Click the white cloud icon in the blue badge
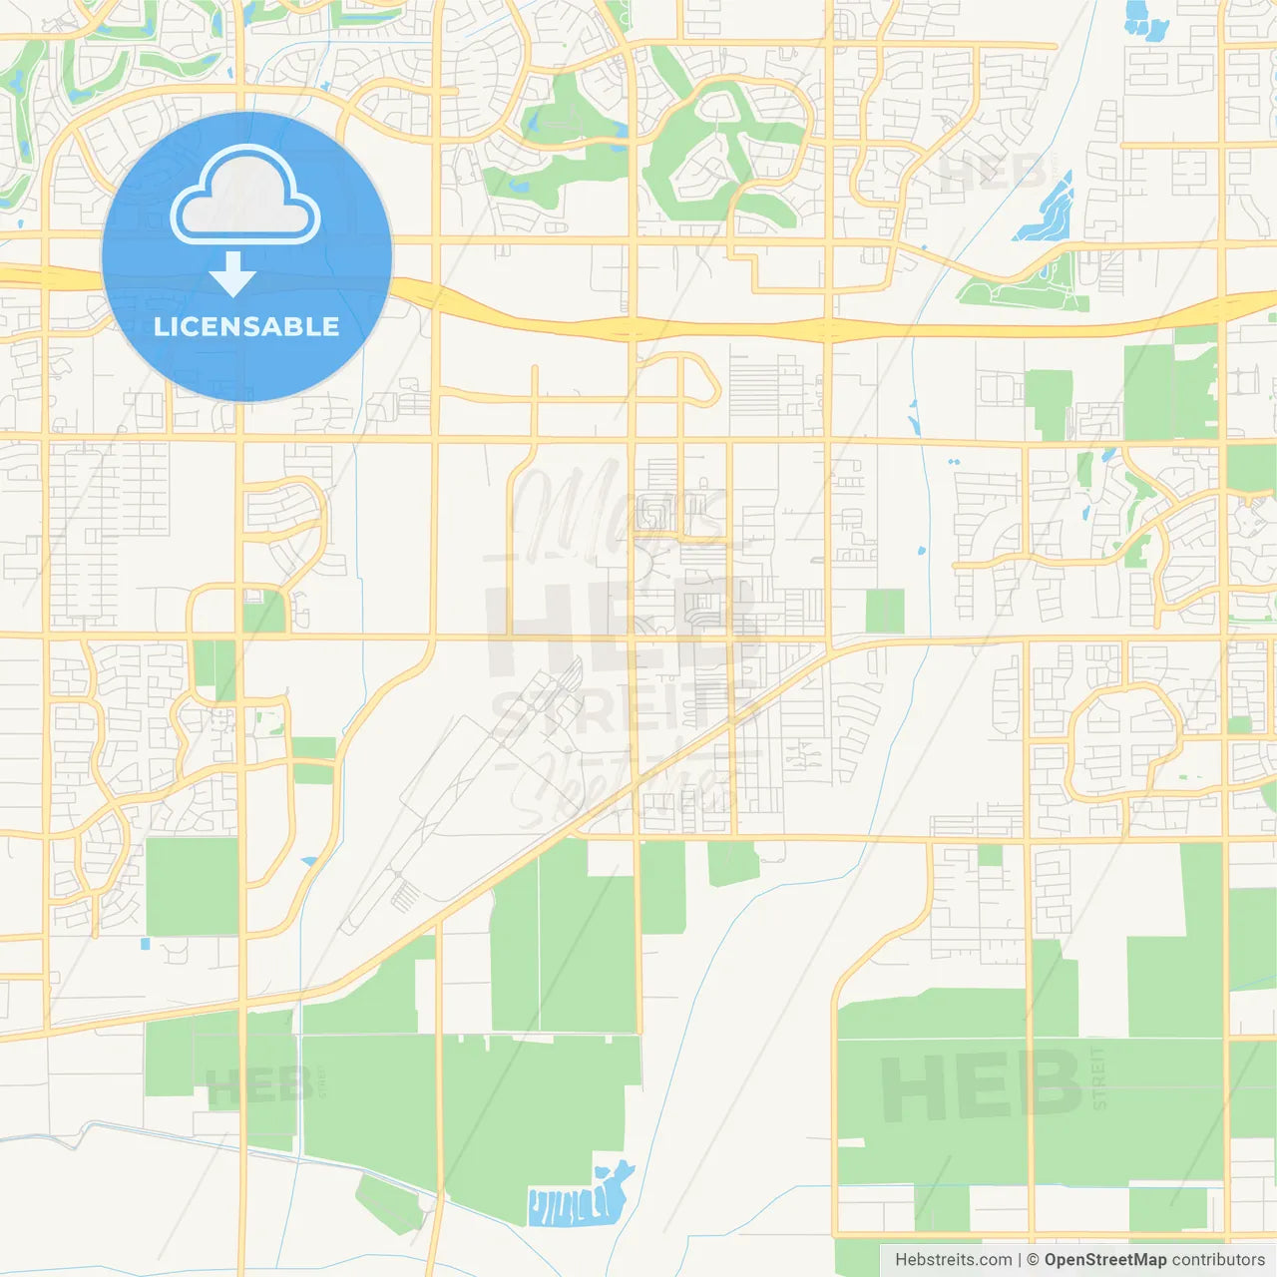pyautogui.click(x=245, y=198)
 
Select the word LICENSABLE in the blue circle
pyautogui.click(x=246, y=326)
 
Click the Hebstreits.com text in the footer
pyautogui.click(x=953, y=1260)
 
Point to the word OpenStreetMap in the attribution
pyautogui.click(x=1104, y=1260)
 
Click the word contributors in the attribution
pyautogui.click(x=1218, y=1260)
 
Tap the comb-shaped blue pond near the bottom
pyautogui.click(x=574, y=1202)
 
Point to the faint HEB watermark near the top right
pyautogui.click(x=993, y=172)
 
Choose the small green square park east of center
pyautogui.click(x=884, y=611)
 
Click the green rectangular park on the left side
pyautogui.click(x=193, y=886)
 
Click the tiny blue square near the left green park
pyautogui.click(x=145, y=943)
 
